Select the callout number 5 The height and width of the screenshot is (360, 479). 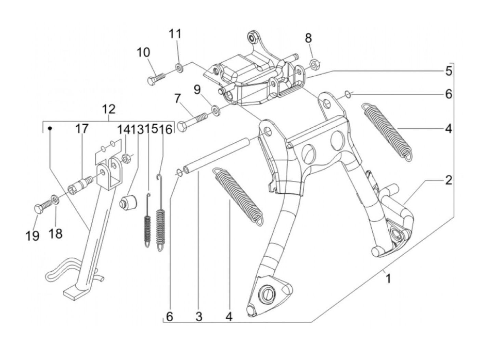point(449,71)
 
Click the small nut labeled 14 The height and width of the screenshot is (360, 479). point(127,158)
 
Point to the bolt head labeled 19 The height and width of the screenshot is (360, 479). point(38,208)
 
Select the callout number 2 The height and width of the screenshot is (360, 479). point(449,180)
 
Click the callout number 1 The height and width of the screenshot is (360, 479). point(388,279)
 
